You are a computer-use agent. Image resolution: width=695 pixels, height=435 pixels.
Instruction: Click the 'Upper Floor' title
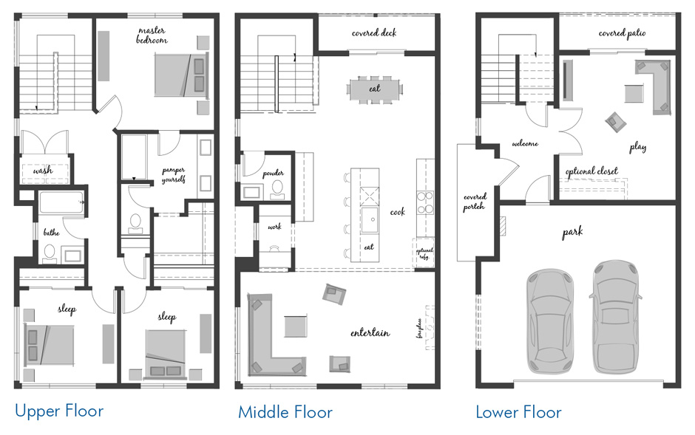[59, 411]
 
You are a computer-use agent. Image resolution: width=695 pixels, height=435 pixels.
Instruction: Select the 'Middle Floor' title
[285, 411]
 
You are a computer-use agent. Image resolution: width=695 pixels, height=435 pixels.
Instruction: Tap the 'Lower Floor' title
[518, 411]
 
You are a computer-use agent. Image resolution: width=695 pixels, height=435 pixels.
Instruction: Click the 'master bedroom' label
[152, 35]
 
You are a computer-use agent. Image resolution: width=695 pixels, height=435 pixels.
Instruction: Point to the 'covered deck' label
[375, 32]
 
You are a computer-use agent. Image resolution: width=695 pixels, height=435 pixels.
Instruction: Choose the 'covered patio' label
[622, 33]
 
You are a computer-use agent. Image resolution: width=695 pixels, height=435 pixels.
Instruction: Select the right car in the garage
[615, 315]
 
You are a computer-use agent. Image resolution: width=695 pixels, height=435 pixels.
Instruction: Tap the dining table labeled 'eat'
[375, 88]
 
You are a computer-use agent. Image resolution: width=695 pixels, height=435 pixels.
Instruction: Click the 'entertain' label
[370, 333]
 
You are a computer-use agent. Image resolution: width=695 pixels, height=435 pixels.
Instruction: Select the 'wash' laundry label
[43, 171]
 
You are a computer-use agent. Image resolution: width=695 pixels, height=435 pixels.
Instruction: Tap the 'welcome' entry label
[524, 144]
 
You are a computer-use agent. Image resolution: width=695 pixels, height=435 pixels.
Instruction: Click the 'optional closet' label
[591, 171]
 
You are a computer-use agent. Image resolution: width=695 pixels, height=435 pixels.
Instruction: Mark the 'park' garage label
[572, 232]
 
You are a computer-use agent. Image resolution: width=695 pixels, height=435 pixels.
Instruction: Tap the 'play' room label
[637, 147]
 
